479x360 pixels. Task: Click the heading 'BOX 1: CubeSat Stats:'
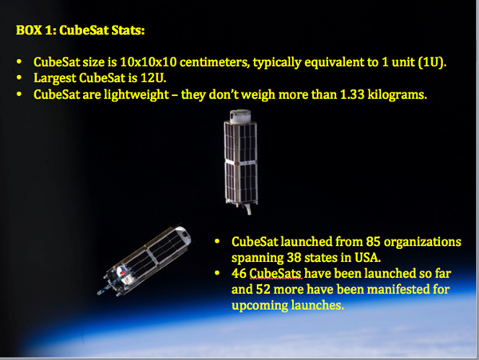81,30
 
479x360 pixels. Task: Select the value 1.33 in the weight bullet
352,94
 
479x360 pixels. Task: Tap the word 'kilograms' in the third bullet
397,95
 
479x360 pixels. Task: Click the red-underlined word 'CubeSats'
275,274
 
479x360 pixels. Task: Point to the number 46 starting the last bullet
239,274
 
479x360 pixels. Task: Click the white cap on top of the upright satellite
240,117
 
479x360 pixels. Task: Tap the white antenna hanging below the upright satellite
248,209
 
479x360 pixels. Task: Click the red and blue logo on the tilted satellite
121,271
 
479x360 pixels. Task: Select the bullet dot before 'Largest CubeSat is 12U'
19,78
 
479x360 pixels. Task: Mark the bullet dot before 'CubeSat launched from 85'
217,242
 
